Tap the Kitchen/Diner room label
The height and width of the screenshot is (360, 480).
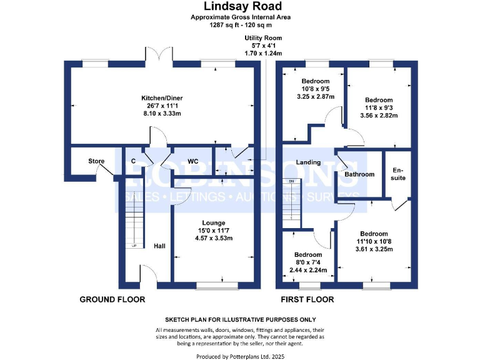[161, 99]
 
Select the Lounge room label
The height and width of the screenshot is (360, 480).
[214, 222]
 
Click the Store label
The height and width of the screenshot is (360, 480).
[96, 162]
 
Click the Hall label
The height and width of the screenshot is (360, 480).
[159, 246]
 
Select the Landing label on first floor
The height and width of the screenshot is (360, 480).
[308, 162]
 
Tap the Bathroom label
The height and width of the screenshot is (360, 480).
[359, 174]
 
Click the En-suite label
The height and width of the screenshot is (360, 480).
[398, 174]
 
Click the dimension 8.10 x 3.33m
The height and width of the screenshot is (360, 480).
[161, 114]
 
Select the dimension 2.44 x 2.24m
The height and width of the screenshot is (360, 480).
[308, 270]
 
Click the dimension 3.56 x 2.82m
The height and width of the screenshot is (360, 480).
[379, 115]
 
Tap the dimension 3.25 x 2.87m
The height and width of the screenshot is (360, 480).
[315, 96]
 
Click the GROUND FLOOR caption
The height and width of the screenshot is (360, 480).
[112, 299]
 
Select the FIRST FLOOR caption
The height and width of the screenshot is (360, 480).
[307, 299]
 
